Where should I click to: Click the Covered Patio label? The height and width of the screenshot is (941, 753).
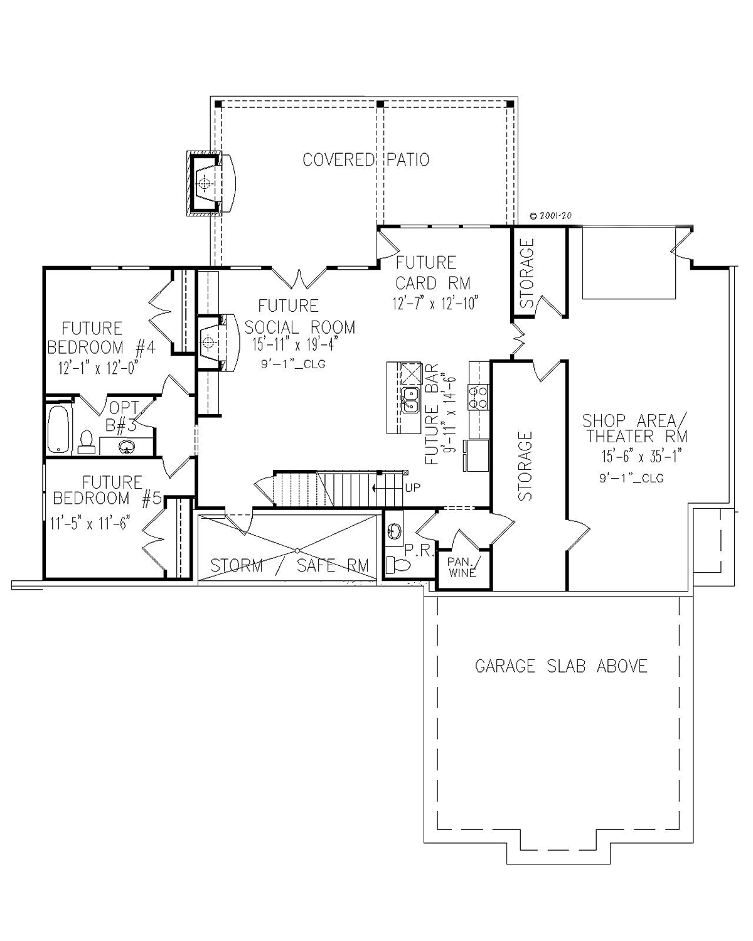click(x=366, y=160)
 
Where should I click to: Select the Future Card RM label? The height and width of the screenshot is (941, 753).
click(x=432, y=273)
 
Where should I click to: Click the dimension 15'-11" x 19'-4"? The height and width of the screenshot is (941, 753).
click(x=295, y=345)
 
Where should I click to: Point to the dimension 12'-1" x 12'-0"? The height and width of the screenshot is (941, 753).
click(x=98, y=368)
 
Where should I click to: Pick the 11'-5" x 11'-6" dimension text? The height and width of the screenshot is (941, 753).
click(x=90, y=523)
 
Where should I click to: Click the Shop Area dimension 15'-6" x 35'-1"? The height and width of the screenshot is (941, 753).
click(x=641, y=456)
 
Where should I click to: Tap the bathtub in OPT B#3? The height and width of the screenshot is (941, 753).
click(x=58, y=430)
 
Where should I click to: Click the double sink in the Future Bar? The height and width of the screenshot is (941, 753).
click(x=410, y=400)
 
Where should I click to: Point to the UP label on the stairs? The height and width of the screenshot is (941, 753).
click(x=413, y=488)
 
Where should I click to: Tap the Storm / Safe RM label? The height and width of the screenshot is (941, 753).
click(x=290, y=566)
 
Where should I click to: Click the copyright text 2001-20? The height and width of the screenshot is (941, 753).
click(x=550, y=216)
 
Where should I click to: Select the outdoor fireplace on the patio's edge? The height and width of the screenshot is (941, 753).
click(x=211, y=184)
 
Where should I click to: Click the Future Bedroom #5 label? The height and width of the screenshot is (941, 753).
click(x=107, y=491)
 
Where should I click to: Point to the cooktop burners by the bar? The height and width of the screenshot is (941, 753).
click(x=478, y=396)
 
